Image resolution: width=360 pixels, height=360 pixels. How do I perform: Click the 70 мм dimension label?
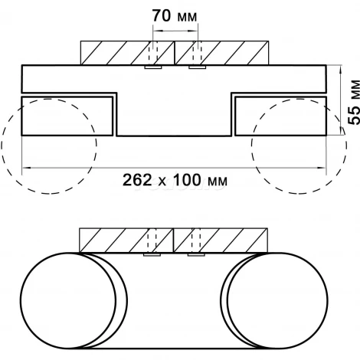[175, 16]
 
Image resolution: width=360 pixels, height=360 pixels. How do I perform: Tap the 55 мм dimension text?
[354, 102]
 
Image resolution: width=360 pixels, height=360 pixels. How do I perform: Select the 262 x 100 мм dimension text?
[175, 180]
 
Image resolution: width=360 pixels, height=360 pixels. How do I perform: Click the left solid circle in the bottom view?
[21, 300]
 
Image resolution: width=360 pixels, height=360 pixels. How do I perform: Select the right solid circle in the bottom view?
[328, 300]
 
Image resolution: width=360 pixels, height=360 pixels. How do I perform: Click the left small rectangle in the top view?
[67, 97]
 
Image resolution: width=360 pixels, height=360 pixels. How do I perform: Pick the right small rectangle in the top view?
[280, 97]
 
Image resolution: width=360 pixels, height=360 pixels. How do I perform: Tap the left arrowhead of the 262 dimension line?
[27, 168]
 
